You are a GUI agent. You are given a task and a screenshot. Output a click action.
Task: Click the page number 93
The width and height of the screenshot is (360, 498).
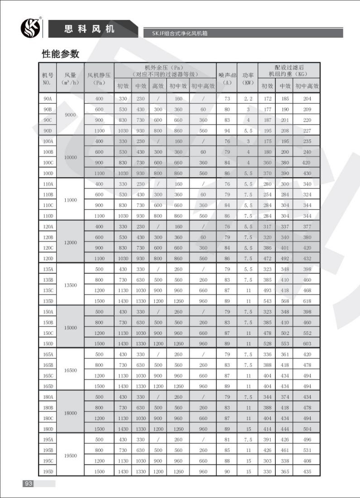(28, 483)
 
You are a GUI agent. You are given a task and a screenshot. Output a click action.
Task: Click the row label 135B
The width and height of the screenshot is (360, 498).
(48, 280)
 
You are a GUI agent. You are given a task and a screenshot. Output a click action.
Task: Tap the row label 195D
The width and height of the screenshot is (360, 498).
(48, 472)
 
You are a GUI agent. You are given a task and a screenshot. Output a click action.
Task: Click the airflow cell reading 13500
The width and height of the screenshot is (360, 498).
(71, 285)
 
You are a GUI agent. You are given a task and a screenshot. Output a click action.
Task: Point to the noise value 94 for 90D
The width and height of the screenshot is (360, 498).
(227, 131)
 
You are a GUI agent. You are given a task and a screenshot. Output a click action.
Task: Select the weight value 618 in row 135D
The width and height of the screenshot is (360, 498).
(307, 301)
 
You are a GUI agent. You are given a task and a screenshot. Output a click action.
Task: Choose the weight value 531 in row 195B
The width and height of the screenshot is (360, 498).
(307, 450)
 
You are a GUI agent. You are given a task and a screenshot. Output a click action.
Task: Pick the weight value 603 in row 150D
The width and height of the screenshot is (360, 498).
(307, 343)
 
